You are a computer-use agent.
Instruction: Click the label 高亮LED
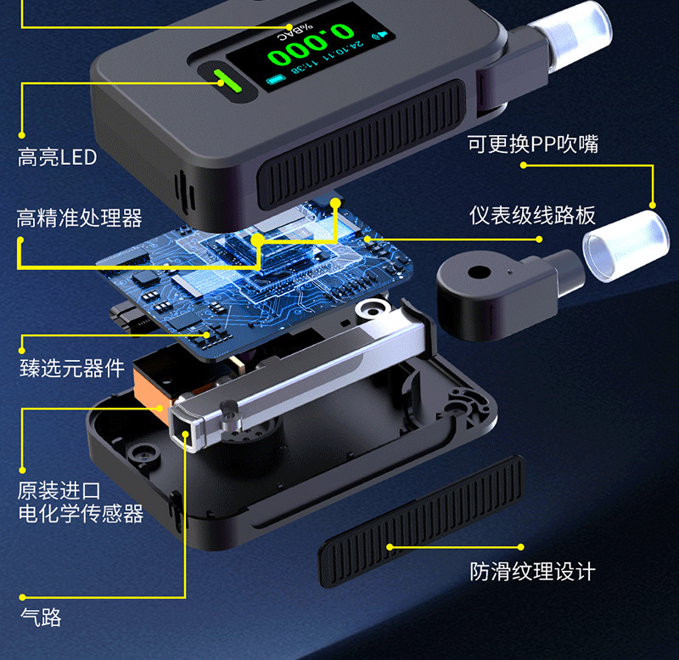tap(57, 157)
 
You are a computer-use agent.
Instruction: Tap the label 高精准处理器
tap(80, 218)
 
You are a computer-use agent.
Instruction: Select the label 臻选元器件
tap(72, 369)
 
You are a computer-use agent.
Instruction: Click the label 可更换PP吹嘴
tap(533, 144)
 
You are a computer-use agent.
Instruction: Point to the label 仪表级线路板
tap(533, 215)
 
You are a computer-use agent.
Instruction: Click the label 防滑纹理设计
tap(533, 572)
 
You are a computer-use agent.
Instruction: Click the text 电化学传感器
tap(81, 514)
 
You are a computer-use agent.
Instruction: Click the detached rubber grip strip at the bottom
tap(421, 520)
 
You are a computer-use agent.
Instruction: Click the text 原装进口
tap(59, 491)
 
